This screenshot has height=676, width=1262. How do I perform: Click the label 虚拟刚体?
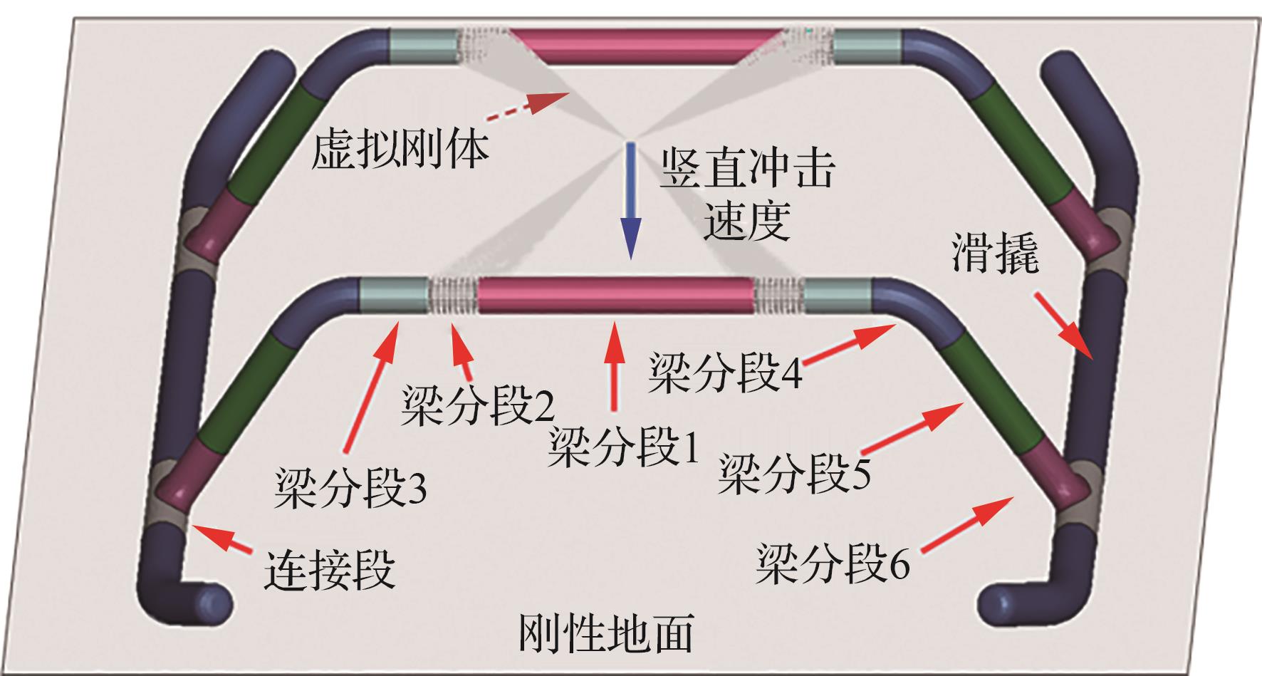pyautogui.click(x=400, y=149)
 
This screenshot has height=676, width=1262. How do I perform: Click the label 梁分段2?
pyautogui.click(x=478, y=407)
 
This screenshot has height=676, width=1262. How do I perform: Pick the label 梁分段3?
pyautogui.click(x=350, y=489)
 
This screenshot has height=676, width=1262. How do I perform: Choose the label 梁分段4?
pyautogui.click(x=724, y=372)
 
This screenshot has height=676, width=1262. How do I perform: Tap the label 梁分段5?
pyautogui.click(x=793, y=473)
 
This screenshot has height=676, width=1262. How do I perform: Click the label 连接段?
pyautogui.click(x=329, y=571)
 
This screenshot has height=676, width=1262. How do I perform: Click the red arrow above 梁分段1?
pyautogui.click(x=614, y=367)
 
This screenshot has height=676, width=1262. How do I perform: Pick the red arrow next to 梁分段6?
pyautogui.click(x=967, y=524)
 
